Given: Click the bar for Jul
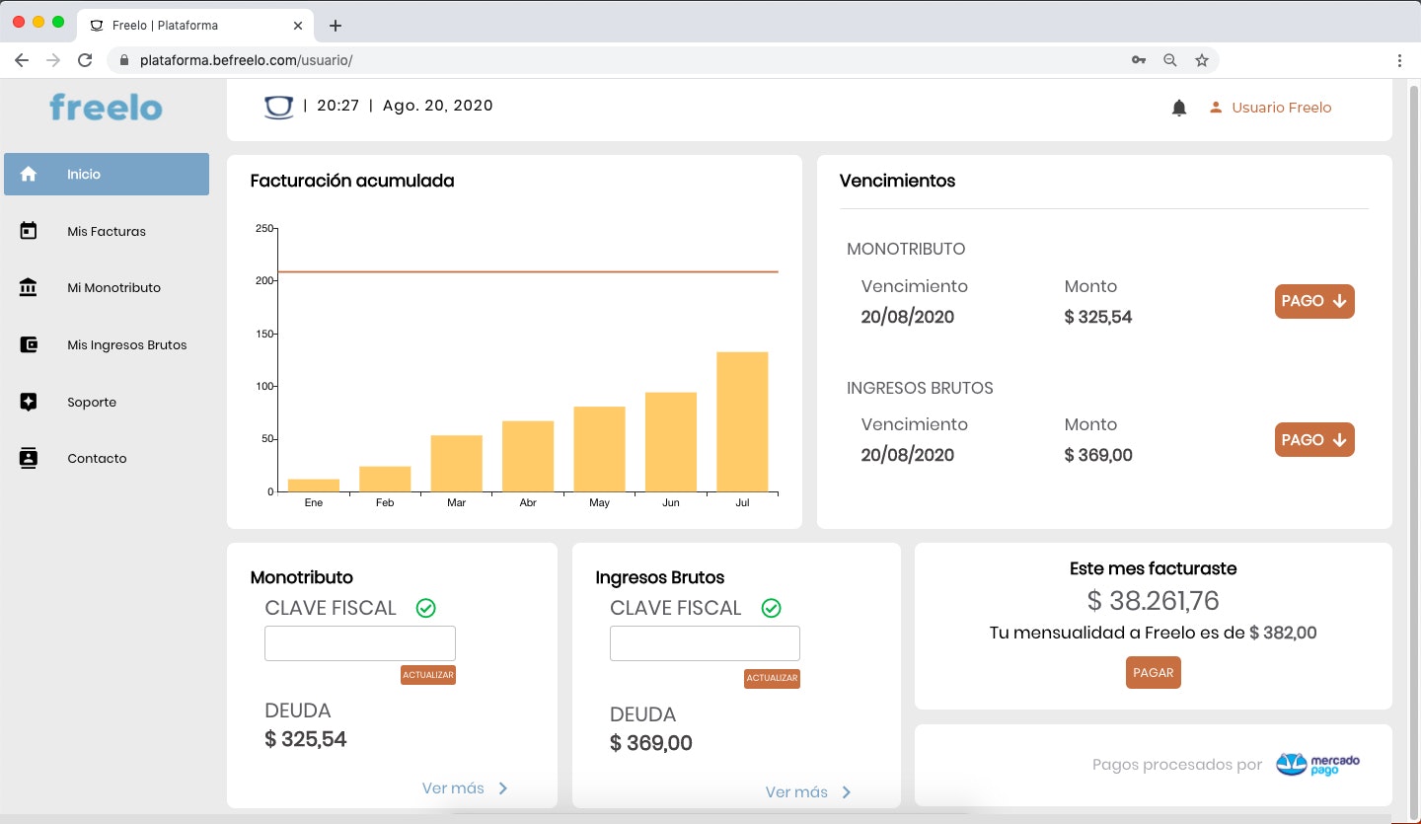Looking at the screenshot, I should click(x=742, y=421).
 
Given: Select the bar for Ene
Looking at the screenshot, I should click(x=314, y=486).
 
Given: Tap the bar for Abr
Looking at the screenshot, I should click(x=528, y=456).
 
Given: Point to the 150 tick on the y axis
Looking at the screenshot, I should click(x=265, y=334).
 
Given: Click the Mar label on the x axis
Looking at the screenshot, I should click(x=456, y=503).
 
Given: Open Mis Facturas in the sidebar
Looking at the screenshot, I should click(x=106, y=231).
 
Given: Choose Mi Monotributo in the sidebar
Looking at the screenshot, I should click(x=113, y=288).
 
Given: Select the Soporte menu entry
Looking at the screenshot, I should click(x=92, y=403).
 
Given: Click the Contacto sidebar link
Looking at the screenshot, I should click(x=97, y=459).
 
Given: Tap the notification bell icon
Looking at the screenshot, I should click(x=1178, y=109).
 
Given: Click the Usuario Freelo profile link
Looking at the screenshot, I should click(x=1281, y=108).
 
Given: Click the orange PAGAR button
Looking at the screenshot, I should click(x=1153, y=673).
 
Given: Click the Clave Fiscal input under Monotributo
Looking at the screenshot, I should click(x=360, y=643).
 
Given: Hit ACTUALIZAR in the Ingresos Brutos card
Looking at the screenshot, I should click(x=772, y=678).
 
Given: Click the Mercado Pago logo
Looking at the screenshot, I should click(x=1318, y=765).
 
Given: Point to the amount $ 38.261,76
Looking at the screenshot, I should click(x=1153, y=600).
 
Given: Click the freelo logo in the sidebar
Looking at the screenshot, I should click(x=106, y=107).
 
